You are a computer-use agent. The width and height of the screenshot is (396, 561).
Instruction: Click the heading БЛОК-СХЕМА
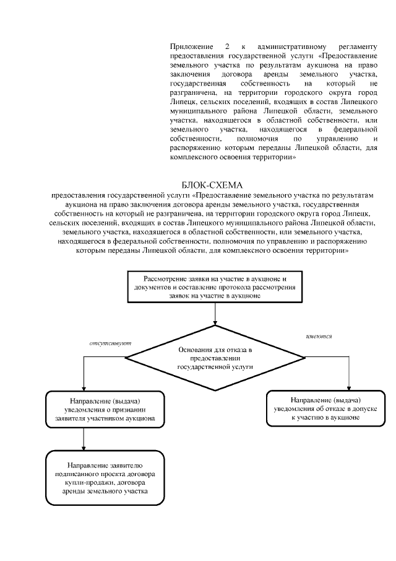coord(213,185)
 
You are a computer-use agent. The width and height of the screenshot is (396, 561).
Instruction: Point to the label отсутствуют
coord(111,343)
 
